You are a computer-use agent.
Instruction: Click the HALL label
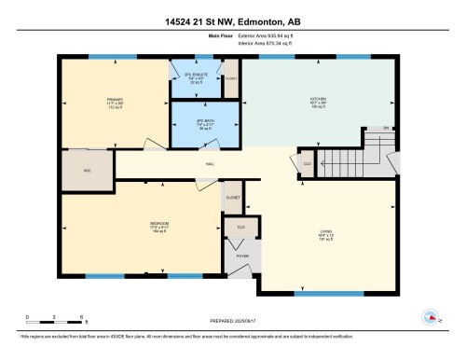pyautogui.click(x=211, y=165)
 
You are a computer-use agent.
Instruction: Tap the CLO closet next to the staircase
pyautogui.click(x=307, y=163)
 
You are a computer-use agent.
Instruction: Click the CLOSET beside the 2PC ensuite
pyautogui.click(x=230, y=78)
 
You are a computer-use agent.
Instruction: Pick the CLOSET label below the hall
pyautogui.click(x=233, y=198)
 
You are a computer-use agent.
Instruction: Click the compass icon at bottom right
pyautogui.click(x=431, y=317)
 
